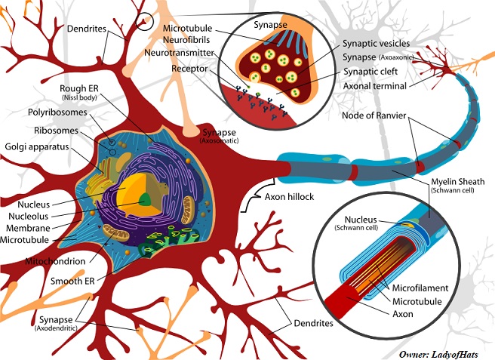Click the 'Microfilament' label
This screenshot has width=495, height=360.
point(419,288)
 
